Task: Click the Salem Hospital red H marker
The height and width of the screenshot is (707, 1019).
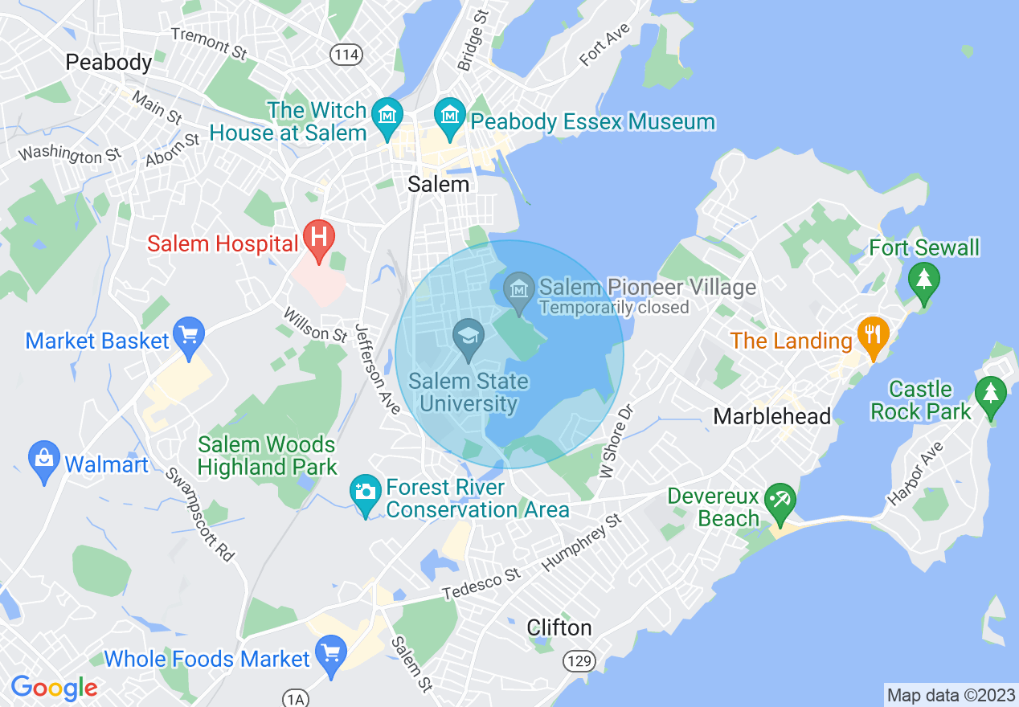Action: (319, 239)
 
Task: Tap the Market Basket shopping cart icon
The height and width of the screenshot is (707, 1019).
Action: (190, 336)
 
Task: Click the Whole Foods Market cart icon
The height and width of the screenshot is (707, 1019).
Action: (329, 654)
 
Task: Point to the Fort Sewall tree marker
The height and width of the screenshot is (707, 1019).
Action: (924, 281)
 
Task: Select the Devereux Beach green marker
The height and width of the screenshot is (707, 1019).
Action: (779, 502)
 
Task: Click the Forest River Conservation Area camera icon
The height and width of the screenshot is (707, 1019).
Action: (366, 492)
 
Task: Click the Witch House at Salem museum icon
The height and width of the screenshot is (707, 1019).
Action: (389, 116)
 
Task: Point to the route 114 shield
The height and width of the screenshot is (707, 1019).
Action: (346, 55)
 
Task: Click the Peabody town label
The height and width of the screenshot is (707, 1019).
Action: (108, 62)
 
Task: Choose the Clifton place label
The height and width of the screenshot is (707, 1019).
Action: (559, 627)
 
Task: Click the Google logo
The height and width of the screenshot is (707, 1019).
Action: (54, 688)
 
